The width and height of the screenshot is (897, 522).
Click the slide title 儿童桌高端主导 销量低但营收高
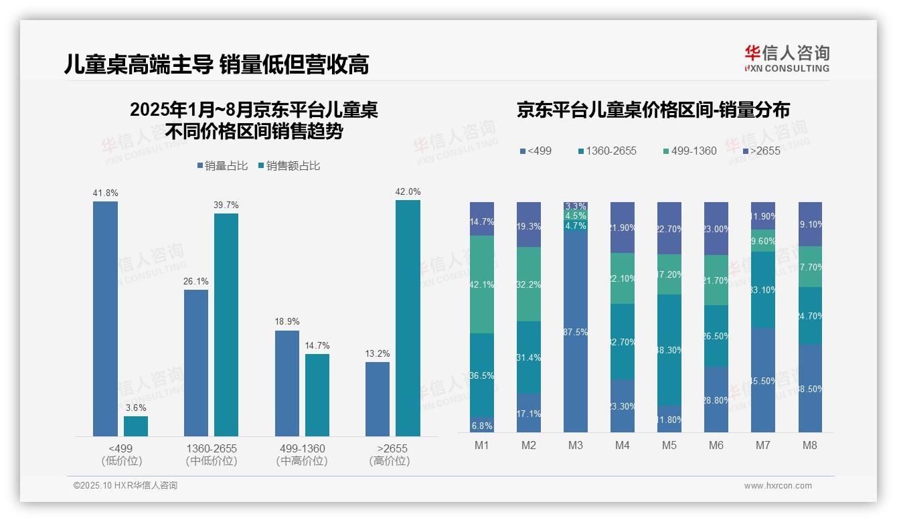click(216, 64)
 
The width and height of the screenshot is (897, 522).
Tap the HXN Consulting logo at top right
click(787, 58)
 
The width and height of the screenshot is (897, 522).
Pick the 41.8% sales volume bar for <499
click(105, 319)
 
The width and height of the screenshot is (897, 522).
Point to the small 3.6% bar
click(136, 426)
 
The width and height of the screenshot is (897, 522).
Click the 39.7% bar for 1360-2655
click(226, 325)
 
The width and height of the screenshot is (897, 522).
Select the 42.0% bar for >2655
click(408, 318)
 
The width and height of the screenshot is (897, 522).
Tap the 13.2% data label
click(378, 353)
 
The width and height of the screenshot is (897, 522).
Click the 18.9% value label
click(287, 322)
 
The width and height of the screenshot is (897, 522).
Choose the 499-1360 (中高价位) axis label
click(301, 454)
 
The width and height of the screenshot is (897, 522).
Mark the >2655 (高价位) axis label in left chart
click(392, 454)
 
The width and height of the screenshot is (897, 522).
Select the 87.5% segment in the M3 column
click(575, 332)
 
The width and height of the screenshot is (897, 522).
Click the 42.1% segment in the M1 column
click(481, 284)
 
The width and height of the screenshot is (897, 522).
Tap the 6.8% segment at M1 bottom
click(481, 425)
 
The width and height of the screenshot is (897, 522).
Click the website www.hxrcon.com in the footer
click(777, 486)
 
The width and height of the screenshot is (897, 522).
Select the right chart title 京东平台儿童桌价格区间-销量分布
click(653, 110)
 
